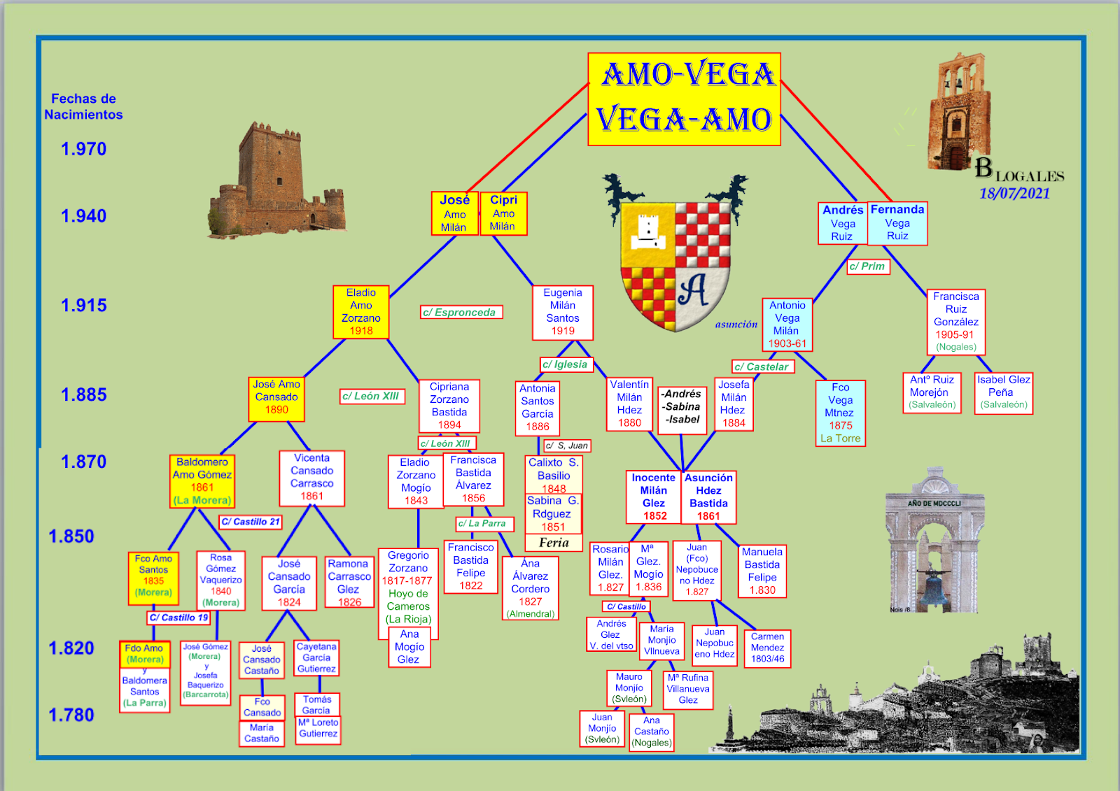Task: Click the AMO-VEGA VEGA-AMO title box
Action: point(684,99)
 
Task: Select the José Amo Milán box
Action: point(454,213)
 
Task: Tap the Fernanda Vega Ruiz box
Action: point(897,223)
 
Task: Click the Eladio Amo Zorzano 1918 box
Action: point(361,312)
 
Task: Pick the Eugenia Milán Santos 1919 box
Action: point(563,312)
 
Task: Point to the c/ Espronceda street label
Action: point(461,313)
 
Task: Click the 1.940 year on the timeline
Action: point(83,216)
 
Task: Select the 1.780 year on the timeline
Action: point(71,715)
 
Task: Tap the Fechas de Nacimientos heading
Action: point(83,106)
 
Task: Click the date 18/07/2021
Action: point(1014,194)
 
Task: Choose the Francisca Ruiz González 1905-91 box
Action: point(956,322)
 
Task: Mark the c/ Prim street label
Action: point(868,266)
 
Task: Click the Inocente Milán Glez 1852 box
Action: point(654,497)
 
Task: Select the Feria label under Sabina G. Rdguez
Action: point(554,543)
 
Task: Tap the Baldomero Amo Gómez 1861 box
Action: point(202,481)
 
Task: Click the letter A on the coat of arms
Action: point(693,290)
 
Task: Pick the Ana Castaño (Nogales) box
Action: point(652,732)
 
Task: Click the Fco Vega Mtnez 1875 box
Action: point(841,413)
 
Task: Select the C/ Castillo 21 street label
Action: point(251,522)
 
